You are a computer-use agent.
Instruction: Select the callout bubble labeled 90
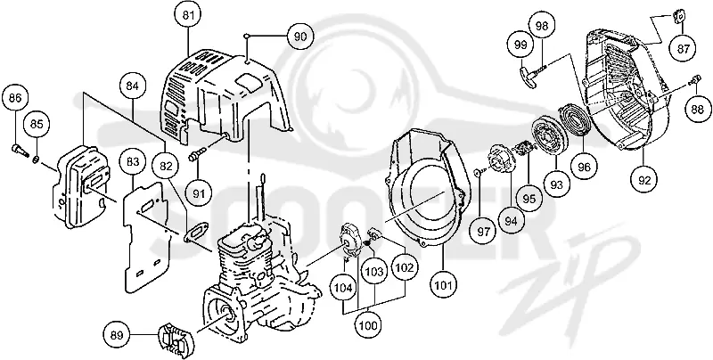(300, 37)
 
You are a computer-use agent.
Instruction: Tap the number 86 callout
(15, 98)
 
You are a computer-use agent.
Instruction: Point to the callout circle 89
(117, 336)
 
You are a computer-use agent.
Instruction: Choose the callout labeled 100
(368, 325)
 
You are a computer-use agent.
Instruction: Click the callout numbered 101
(444, 285)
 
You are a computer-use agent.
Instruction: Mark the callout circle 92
(644, 180)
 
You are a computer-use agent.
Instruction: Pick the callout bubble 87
(683, 49)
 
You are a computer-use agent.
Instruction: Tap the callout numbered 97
(483, 232)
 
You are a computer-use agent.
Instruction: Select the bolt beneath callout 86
(18, 148)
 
